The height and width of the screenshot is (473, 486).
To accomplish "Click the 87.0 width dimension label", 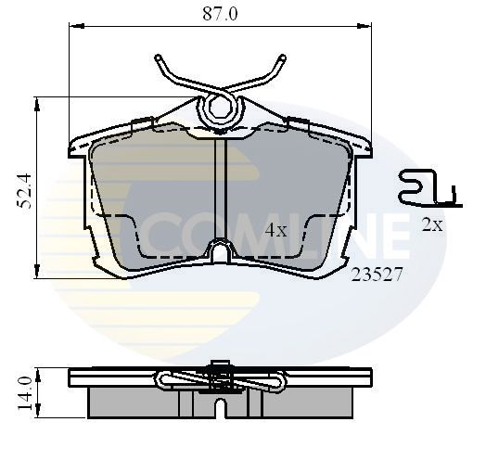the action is point(220,14).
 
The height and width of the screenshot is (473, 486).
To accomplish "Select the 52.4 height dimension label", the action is point(25,190).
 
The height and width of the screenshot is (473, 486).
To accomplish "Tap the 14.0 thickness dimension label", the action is point(25,393).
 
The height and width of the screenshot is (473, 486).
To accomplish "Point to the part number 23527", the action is point(377,275).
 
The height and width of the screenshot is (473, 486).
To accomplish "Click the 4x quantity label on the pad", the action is point(275,230).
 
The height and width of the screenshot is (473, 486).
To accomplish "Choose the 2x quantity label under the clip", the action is point(432,224).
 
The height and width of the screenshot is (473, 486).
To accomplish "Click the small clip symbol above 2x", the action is point(430,188).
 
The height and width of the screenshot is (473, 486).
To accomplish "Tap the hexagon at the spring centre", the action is point(220,108).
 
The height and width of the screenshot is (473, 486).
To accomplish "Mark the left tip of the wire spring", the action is point(159,58).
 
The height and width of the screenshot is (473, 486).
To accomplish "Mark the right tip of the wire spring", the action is point(282,58).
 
